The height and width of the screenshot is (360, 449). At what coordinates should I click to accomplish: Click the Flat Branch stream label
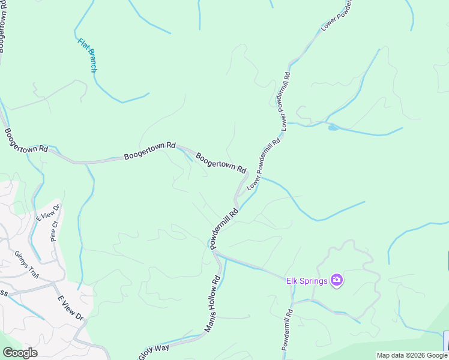(88, 55)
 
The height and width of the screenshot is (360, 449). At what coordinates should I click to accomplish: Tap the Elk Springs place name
(306, 280)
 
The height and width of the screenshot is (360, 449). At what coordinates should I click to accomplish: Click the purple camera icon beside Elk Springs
(337, 280)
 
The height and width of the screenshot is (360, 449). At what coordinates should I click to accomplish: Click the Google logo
(20, 353)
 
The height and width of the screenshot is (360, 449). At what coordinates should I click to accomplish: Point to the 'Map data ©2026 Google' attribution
(412, 355)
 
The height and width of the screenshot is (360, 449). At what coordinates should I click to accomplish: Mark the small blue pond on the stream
(333, 127)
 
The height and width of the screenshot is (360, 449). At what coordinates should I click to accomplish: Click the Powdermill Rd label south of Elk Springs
(287, 329)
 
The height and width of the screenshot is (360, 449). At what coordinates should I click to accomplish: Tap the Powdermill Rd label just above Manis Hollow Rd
(224, 228)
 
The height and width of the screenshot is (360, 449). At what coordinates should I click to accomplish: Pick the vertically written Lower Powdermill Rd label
(284, 100)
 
